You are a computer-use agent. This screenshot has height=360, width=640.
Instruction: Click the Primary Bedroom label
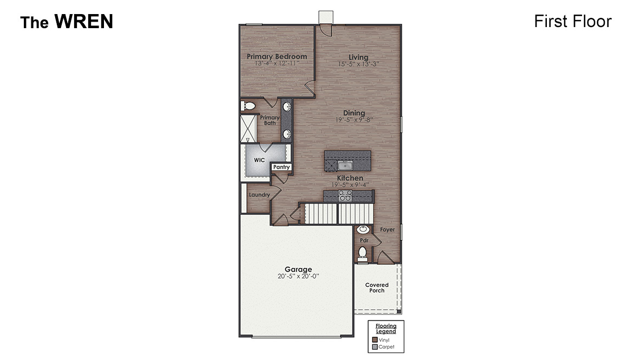click(277, 56)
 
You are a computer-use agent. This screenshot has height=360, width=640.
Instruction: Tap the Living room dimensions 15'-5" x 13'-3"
click(358, 64)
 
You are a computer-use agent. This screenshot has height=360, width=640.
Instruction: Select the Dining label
click(354, 113)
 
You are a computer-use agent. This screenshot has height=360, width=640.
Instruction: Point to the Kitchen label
click(350, 178)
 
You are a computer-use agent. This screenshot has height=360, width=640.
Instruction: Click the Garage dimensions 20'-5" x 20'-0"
click(298, 276)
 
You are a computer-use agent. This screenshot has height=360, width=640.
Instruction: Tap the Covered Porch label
click(377, 287)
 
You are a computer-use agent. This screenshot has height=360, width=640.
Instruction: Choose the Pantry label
click(282, 167)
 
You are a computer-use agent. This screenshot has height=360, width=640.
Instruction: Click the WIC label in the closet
click(259, 160)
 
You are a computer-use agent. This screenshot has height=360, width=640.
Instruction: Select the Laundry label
click(259, 195)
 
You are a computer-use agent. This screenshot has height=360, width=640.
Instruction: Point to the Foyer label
click(387, 230)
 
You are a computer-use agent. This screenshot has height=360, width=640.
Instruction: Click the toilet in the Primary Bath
click(247, 106)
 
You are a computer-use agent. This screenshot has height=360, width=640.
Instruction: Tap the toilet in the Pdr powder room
click(363, 252)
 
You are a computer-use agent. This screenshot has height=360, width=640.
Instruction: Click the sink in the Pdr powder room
click(363, 230)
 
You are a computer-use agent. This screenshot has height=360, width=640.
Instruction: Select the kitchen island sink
click(345, 165)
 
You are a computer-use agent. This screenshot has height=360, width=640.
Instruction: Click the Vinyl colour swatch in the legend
click(375, 340)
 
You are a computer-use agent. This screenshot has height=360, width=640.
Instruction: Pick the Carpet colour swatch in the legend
click(375, 347)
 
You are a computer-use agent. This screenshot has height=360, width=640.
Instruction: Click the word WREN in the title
click(83, 22)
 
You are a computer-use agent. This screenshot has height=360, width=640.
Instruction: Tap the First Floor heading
click(572, 21)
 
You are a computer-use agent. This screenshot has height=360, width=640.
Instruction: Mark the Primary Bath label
click(270, 120)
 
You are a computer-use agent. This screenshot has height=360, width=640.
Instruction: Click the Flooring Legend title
click(386, 329)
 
